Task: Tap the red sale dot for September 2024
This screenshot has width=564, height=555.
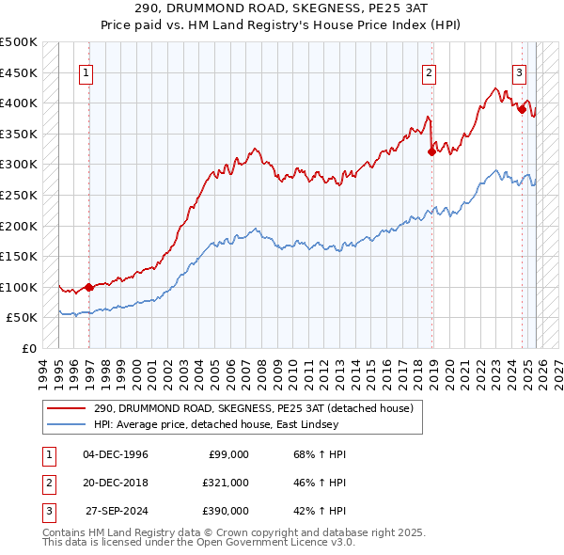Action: (522, 109)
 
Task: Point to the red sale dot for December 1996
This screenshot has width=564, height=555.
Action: (89, 288)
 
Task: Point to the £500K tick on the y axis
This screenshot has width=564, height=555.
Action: (19, 42)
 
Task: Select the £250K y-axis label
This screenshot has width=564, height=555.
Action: (19, 195)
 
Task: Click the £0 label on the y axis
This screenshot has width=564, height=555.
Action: (28, 348)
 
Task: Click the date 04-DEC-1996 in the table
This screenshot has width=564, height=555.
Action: (117, 454)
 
